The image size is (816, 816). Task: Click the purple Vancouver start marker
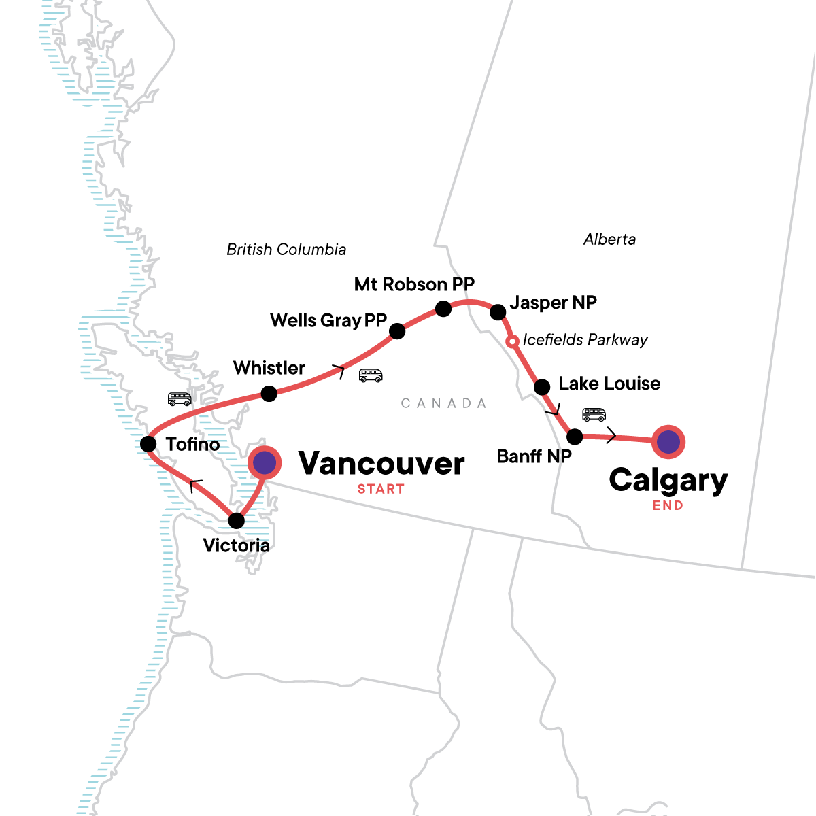[x=265, y=462]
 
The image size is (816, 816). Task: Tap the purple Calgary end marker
[x=668, y=442]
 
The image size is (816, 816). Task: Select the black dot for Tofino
[x=148, y=444]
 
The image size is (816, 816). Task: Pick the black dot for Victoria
[x=236, y=521]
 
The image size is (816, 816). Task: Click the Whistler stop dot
[x=269, y=394]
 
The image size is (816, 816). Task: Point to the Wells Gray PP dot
[x=397, y=331]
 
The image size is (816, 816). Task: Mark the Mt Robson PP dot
[x=443, y=309]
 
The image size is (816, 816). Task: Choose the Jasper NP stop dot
[x=498, y=312]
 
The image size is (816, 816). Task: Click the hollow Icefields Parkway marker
[x=513, y=341]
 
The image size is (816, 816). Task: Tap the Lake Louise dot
[x=542, y=388]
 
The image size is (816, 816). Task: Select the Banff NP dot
[x=575, y=437]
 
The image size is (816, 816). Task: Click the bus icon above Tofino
[x=180, y=398]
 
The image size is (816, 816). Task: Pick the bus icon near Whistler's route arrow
[x=371, y=375]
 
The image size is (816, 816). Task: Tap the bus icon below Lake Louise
[x=594, y=414]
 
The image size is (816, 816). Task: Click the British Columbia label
[x=286, y=250]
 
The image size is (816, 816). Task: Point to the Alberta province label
[x=610, y=239]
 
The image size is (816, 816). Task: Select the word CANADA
[x=443, y=403]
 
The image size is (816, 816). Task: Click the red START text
[x=381, y=489]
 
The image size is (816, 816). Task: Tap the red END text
[x=668, y=505]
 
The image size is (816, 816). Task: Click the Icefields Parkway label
[x=585, y=340]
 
